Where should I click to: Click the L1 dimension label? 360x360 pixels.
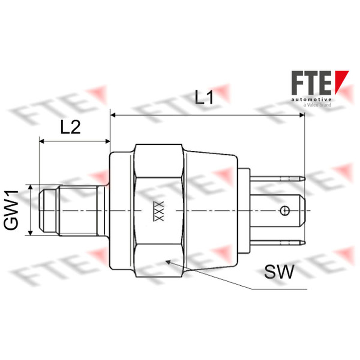point(204,97)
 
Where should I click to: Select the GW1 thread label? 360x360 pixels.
point(11,210)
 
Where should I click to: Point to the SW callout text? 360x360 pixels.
point(279,272)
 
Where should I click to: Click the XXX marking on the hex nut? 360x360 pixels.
point(159,211)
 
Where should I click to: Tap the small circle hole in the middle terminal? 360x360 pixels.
point(285,211)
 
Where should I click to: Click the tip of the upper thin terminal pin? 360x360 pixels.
point(305,178)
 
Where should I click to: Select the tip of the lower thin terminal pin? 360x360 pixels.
point(305,243)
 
